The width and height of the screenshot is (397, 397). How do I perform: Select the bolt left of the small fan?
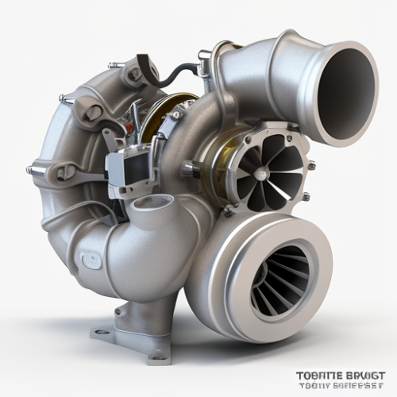188,168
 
